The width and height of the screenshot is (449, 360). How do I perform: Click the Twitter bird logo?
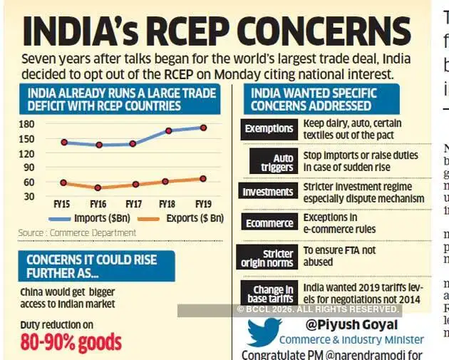pyautogui.click(x=263, y=331)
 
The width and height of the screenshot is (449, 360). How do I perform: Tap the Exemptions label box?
pyautogui.click(x=268, y=128)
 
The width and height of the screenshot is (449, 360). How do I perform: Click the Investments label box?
pyautogui.click(x=268, y=192)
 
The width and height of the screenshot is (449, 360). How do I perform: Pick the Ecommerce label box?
pyautogui.click(x=268, y=222)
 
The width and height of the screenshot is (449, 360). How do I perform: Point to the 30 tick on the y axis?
pyautogui.click(x=28, y=196)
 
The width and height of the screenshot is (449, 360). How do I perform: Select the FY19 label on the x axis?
pyautogui.click(x=203, y=204)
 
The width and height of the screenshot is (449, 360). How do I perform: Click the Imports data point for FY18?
pyautogui.click(x=169, y=130)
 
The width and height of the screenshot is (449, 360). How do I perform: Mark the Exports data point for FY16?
pyautogui.click(x=98, y=187)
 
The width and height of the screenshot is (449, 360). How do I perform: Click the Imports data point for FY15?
pyautogui.click(x=64, y=142)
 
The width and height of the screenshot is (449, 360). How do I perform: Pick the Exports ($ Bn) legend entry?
pyautogui.click(x=179, y=218)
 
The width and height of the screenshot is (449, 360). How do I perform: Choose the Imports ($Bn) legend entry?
pyautogui.click(x=90, y=218)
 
